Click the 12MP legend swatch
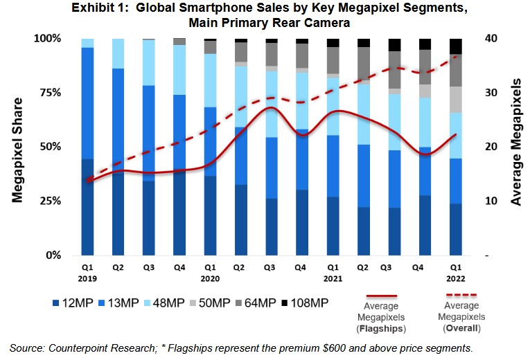[58, 303]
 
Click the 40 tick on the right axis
[491, 38]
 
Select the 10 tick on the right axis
[491, 201]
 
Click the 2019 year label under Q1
[87, 279]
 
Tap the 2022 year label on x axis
[454, 279]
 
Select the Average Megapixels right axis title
[516, 146]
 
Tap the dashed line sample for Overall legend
[461, 294]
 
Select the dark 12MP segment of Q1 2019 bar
[87, 208]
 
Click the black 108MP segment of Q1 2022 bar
[454, 46]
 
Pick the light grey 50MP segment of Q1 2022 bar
[454, 100]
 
